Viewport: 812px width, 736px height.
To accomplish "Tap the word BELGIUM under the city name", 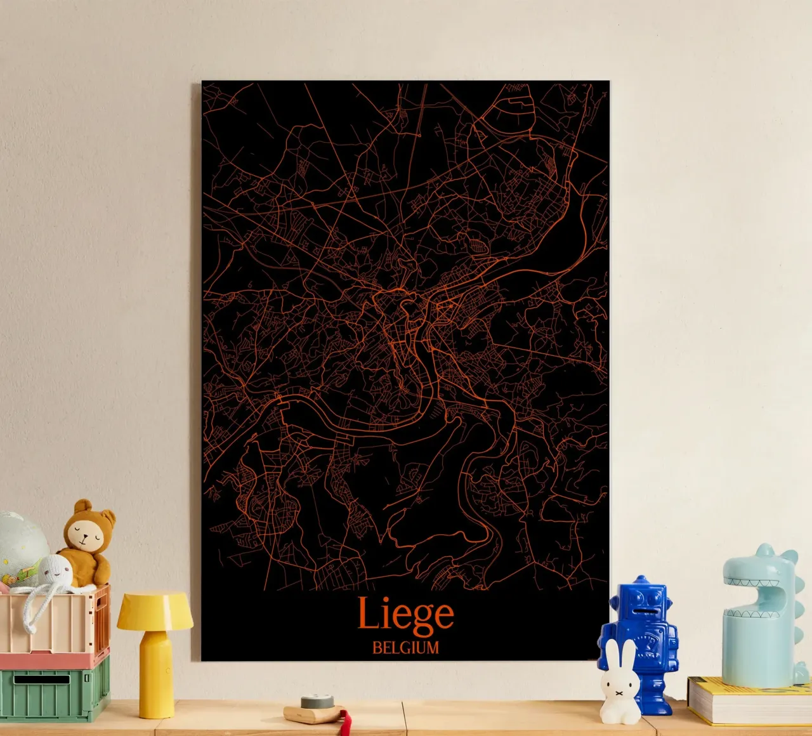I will (x=405, y=648).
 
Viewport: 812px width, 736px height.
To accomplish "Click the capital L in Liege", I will (x=368, y=613).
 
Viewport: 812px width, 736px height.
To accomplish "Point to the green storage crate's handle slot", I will (x=42, y=680).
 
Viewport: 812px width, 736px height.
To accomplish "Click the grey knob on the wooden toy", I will (x=317, y=702).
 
